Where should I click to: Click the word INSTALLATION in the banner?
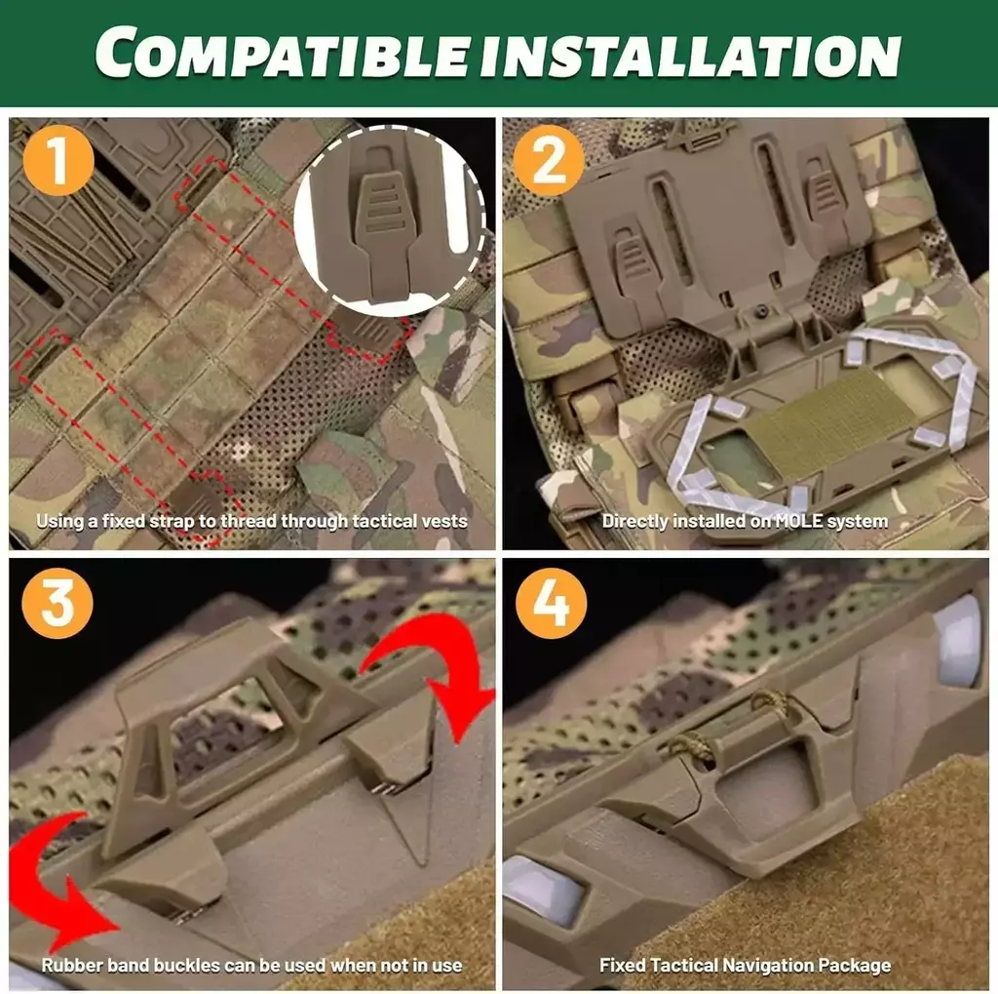(690, 55)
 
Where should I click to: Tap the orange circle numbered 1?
(58, 160)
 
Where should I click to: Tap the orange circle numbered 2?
(550, 160)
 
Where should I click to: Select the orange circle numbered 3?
(58, 603)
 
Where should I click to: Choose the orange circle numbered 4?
(551, 603)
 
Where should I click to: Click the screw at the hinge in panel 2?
(760, 312)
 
